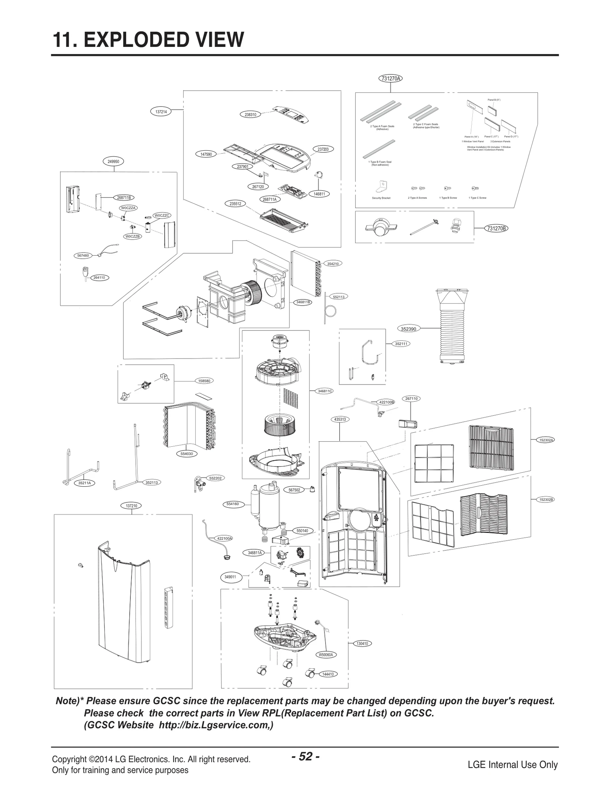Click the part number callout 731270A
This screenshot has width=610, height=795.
pyautogui.click(x=390, y=79)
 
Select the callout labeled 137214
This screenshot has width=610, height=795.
pyautogui.click(x=161, y=112)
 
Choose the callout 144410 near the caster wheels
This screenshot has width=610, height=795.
pyautogui.click(x=328, y=674)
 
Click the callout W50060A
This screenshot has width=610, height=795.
pyautogui.click(x=326, y=655)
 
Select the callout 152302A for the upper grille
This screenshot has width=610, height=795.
pyautogui.click(x=546, y=440)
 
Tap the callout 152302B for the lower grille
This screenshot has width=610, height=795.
pyautogui.click(x=546, y=499)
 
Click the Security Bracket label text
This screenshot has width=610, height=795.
pyautogui.click(x=381, y=198)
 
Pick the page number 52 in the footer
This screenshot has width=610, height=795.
pyautogui.click(x=305, y=756)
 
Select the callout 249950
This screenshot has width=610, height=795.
pyautogui.click(x=113, y=161)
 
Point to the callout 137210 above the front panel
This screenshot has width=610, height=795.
pyautogui.click(x=131, y=505)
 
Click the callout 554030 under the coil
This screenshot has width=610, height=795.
pyautogui.click(x=186, y=454)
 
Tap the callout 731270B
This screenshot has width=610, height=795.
pyautogui.click(x=496, y=229)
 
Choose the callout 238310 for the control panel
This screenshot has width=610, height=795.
pyautogui.click(x=250, y=114)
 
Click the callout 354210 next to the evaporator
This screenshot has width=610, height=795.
pyautogui.click(x=333, y=264)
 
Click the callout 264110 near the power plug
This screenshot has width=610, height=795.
pyautogui.click(x=99, y=277)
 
